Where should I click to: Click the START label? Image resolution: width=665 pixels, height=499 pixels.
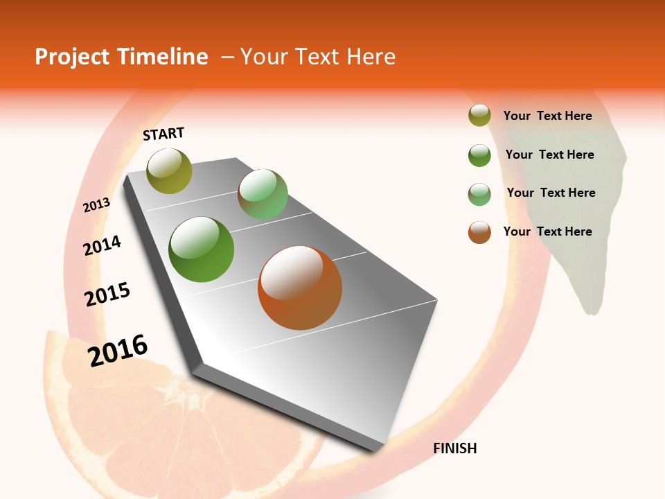[x=163, y=134]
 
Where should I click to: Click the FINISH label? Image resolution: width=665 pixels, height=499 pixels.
[x=454, y=448]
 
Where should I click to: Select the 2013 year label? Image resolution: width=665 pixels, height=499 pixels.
[x=97, y=204]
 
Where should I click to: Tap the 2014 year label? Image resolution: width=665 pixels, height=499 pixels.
[x=103, y=245]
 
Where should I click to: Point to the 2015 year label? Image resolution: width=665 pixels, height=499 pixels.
[x=107, y=295]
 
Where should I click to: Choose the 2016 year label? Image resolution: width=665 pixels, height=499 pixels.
[x=118, y=350]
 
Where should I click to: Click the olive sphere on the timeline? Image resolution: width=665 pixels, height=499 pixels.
[x=169, y=170]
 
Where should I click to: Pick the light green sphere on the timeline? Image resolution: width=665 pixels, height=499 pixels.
[x=263, y=194]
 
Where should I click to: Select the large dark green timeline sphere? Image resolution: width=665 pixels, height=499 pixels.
[x=202, y=249]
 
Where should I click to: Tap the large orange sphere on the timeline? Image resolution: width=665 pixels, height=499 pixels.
[x=300, y=288]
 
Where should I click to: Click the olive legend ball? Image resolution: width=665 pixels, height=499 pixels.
[x=479, y=116]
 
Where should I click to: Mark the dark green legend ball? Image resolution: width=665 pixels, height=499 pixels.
[x=479, y=155]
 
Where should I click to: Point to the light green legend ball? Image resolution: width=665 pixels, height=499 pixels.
[x=479, y=194]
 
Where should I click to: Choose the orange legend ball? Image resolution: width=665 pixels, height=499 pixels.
[x=479, y=232]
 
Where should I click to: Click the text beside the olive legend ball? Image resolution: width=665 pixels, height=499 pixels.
[x=547, y=116]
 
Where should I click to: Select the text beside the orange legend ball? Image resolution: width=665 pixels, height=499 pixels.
[x=547, y=231]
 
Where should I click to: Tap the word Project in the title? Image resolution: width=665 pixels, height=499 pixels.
[x=72, y=57]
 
